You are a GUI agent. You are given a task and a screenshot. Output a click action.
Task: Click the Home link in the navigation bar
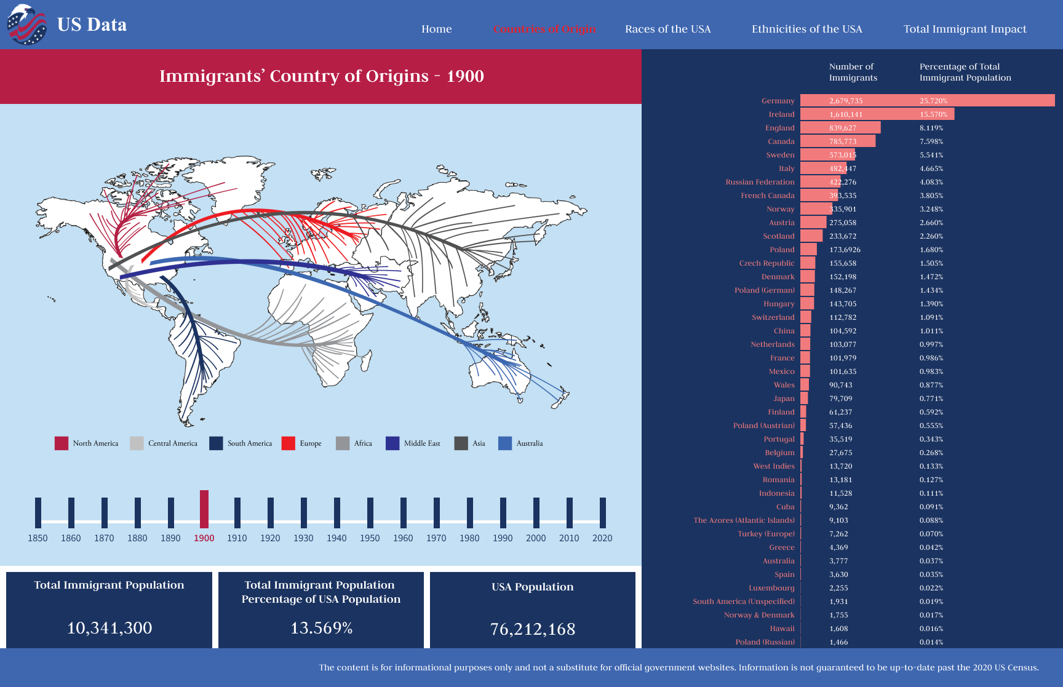coord(436,29)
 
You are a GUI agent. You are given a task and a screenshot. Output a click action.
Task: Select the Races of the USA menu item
coord(667,29)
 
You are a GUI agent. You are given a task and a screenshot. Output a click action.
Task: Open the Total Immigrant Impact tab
coord(965,29)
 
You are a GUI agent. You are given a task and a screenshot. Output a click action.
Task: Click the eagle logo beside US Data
coord(26,25)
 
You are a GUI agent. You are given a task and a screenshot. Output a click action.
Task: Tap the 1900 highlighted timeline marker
coord(204,509)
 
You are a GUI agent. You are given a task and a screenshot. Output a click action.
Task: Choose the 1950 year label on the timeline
coord(370,538)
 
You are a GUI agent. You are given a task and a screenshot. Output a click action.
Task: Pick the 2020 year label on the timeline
coord(602,538)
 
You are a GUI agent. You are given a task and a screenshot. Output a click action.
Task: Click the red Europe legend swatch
coord(288,443)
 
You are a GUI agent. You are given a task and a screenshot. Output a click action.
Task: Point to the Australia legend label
coord(529,443)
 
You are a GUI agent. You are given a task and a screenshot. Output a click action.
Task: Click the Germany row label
coord(778,101)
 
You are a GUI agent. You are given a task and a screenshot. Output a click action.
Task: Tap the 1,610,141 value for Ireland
coord(846,114)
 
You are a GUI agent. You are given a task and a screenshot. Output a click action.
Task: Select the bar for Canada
coord(837,141)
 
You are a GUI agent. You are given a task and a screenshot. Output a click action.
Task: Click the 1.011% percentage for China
coord(931,331)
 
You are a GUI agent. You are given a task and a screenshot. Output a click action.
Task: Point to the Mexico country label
coord(781,371)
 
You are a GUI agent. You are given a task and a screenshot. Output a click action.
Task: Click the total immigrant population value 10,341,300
coord(109,628)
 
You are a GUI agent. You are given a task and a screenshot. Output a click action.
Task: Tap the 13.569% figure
coord(321,628)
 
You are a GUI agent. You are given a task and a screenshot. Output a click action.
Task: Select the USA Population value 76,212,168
coord(533,629)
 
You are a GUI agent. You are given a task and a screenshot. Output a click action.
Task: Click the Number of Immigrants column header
coord(853,72)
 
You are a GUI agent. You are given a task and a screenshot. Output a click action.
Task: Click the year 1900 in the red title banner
coord(465,76)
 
